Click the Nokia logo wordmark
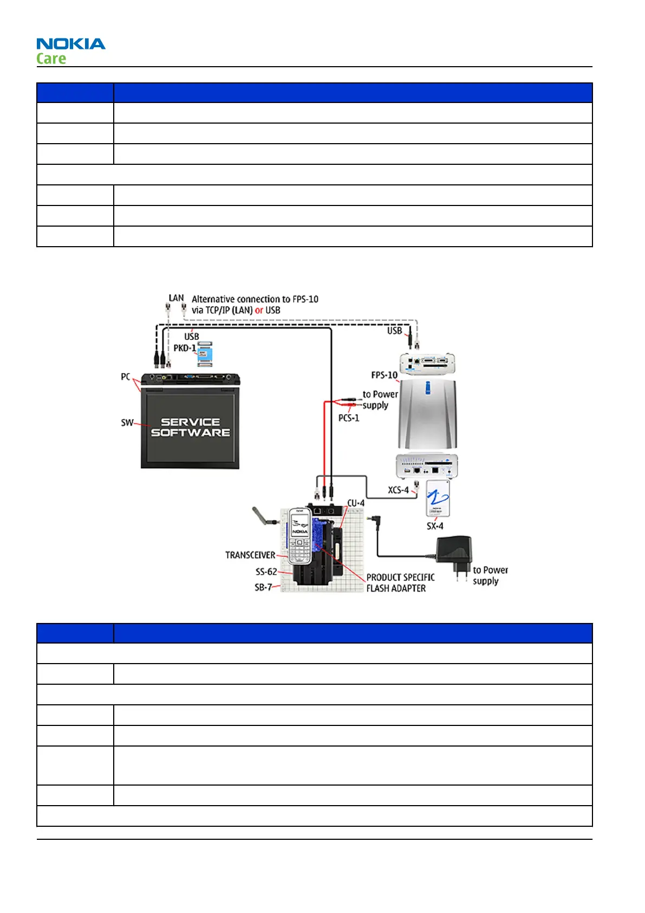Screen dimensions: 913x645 click(x=71, y=44)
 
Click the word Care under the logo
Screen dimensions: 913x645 click(x=51, y=59)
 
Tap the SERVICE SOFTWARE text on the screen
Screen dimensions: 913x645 click(x=190, y=427)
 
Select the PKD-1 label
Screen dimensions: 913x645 click(x=184, y=348)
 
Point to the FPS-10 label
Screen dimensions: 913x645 click(x=384, y=375)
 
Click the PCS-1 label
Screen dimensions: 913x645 click(x=349, y=418)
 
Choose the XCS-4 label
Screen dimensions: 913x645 click(x=398, y=490)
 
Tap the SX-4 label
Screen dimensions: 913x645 click(x=435, y=526)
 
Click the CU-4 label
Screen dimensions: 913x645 click(x=356, y=503)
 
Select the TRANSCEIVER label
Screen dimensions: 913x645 click(x=250, y=555)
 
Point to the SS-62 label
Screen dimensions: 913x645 click(x=266, y=572)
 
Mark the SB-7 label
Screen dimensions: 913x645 click(x=263, y=588)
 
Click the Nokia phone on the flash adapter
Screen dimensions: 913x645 click(x=299, y=537)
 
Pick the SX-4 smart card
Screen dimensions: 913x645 click(x=438, y=498)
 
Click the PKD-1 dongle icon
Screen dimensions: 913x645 click(x=205, y=354)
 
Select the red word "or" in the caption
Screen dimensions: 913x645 click(x=259, y=311)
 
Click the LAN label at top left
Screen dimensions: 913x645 click(x=176, y=298)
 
